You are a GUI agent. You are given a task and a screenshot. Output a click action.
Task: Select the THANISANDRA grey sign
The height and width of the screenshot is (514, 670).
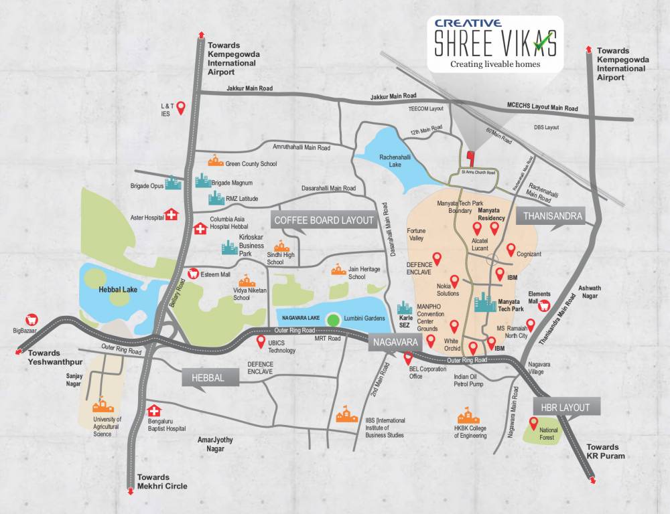[x=549, y=216]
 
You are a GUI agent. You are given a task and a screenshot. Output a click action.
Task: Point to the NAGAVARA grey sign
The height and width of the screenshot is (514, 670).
[x=395, y=341]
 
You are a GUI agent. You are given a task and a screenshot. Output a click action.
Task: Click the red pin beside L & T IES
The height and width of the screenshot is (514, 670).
[x=180, y=108]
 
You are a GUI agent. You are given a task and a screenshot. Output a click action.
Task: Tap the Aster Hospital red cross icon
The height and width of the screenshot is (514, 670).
[x=172, y=214]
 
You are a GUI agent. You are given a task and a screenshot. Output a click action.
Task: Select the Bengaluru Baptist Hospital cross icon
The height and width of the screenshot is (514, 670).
[x=155, y=410]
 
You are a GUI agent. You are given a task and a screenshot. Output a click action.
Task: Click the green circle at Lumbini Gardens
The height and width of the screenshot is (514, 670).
[x=332, y=320]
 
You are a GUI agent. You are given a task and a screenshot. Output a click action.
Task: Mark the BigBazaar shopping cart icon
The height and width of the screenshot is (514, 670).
[x=30, y=320]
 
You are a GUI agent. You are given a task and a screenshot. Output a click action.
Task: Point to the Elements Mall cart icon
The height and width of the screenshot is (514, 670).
[x=545, y=305]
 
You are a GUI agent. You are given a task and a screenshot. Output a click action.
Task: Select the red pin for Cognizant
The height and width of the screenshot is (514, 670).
[x=511, y=250]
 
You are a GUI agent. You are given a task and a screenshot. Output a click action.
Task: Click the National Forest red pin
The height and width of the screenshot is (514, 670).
[x=534, y=423]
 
